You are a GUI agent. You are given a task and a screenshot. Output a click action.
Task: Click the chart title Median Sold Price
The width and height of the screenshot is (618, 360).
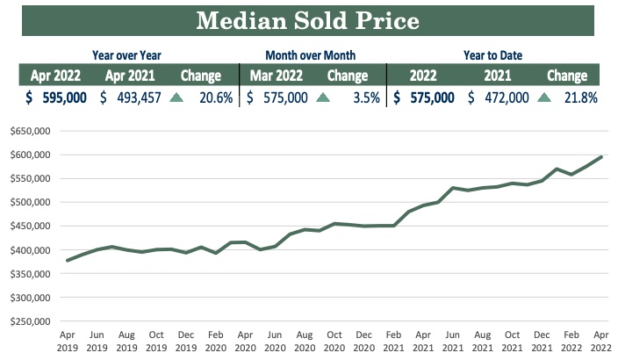pos(309,20)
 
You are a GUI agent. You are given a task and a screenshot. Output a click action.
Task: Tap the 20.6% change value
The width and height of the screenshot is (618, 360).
pos(215,97)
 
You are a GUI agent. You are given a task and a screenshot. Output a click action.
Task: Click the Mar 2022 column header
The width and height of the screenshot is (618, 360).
pos(277,76)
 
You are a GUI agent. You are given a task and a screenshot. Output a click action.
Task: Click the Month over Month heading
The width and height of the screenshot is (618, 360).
pos(312,54)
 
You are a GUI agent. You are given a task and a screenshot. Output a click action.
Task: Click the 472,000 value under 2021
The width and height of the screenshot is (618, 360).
pos(501,97)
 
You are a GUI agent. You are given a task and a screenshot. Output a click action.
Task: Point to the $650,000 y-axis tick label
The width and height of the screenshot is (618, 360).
pos(28,131)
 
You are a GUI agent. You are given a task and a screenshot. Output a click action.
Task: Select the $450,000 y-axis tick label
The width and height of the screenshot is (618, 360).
pos(28,226)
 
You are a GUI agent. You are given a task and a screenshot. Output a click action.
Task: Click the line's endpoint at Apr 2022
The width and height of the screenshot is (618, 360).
pos(602,157)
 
